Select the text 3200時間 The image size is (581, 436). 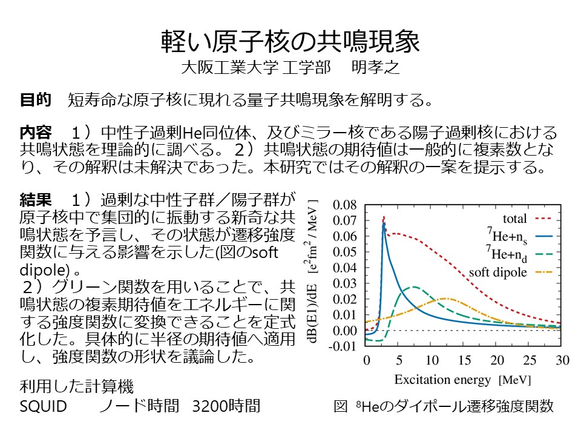(x=225, y=406)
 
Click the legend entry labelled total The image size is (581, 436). (x=515, y=219)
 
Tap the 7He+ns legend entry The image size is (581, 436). (x=507, y=235)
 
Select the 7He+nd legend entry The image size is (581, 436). (x=507, y=253)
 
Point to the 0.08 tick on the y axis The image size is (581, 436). (x=346, y=204)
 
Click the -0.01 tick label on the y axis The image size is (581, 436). (x=344, y=346)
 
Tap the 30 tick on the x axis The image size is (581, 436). (x=562, y=360)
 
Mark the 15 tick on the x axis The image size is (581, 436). (x=464, y=360)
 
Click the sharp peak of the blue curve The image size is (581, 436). (x=383, y=223)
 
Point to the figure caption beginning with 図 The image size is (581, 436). (x=444, y=406)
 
